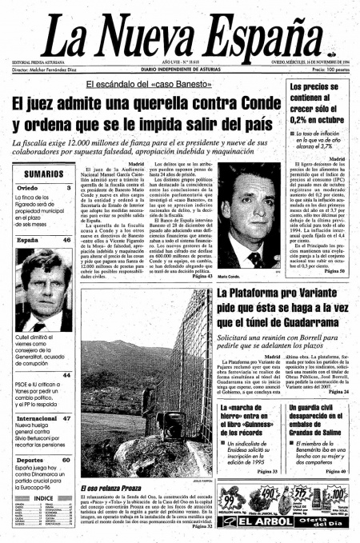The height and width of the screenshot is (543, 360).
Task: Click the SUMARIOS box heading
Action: coord(43,174)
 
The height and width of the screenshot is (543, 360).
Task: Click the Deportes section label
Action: coord(30,460)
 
